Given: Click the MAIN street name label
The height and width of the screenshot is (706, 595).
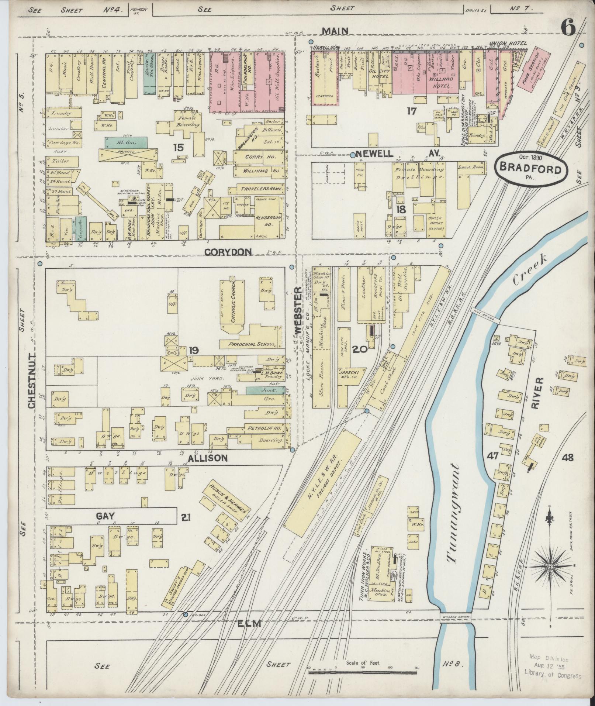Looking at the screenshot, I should click(335, 31).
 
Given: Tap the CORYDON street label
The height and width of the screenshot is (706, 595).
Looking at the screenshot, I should click(228, 252).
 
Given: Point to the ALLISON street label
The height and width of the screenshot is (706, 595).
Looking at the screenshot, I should click(208, 458).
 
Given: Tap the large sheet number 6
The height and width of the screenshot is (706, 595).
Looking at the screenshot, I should click(568, 28).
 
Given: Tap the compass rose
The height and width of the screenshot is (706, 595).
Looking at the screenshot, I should click(550, 566).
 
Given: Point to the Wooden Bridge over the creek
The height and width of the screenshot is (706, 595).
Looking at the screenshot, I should click(455, 617).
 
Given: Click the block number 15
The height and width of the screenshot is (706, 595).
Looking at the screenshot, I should click(178, 148).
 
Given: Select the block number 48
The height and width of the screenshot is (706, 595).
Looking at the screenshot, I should click(568, 458).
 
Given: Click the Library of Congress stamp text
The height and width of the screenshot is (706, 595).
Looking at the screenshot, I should click(552, 676).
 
